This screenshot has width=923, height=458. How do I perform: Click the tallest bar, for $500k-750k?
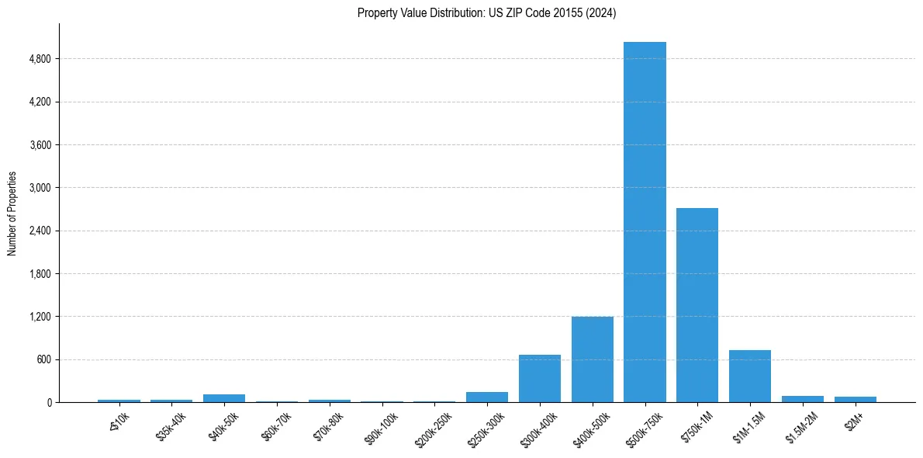pyautogui.click(x=645, y=222)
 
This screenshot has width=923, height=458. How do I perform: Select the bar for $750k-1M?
pyautogui.click(x=697, y=305)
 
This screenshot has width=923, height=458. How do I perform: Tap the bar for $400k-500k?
pyautogui.click(x=593, y=359)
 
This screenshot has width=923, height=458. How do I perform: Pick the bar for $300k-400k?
pyautogui.click(x=540, y=379)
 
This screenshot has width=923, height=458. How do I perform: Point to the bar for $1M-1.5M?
pyautogui.click(x=750, y=376)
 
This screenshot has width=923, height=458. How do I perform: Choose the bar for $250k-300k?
pyautogui.click(x=487, y=397)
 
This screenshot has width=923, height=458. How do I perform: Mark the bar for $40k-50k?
pyautogui.click(x=224, y=398)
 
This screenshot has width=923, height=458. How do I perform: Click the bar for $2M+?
pyautogui.click(x=856, y=399)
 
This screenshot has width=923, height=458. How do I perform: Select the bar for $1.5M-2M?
pyautogui.click(x=803, y=399)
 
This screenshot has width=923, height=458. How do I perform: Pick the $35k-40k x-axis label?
pyautogui.click(x=171, y=423)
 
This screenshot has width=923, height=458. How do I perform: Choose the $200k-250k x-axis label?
pyautogui.click(x=433, y=426)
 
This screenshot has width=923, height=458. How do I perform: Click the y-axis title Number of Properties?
pyautogui.click(x=12, y=213)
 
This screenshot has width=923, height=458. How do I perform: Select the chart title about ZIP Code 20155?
pyautogui.click(x=486, y=13)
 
